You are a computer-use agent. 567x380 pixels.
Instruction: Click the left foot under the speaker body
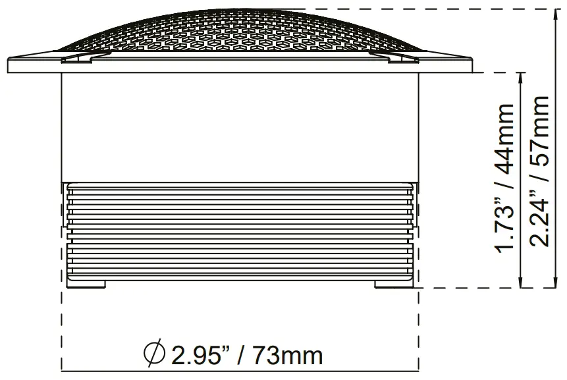(86, 285)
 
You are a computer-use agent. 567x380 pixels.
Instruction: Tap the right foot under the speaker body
(393, 285)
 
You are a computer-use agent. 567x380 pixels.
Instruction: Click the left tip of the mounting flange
(9, 66)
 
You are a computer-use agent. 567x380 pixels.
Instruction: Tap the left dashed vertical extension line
(62, 323)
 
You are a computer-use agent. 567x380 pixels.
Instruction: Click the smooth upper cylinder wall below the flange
(240, 125)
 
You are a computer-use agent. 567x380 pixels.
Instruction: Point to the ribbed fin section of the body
(240, 231)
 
